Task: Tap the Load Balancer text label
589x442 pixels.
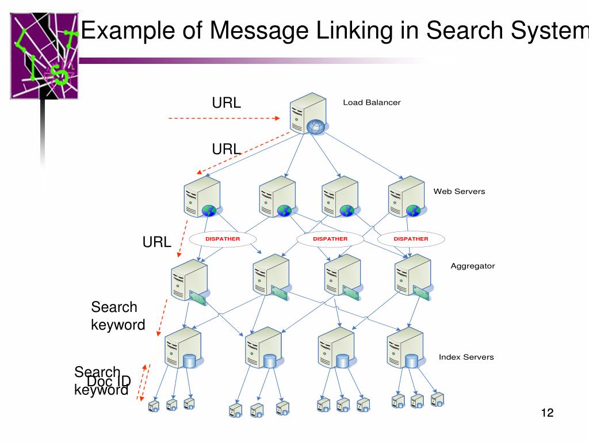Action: coord(372,102)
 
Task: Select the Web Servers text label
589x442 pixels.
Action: coord(459,191)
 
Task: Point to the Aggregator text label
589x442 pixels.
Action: coord(472,266)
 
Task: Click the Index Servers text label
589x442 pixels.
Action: coord(466,357)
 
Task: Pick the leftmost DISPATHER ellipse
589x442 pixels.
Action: coord(223,239)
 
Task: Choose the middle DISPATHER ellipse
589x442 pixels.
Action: coord(330,239)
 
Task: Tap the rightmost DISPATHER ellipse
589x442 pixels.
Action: coord(411,239)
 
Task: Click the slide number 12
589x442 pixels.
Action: coord(546,413)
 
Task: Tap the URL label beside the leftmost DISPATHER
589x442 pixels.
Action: coord(157,242)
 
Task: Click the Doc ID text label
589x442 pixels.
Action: coord(109,381)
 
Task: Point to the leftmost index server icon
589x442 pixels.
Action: coord(182,348)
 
